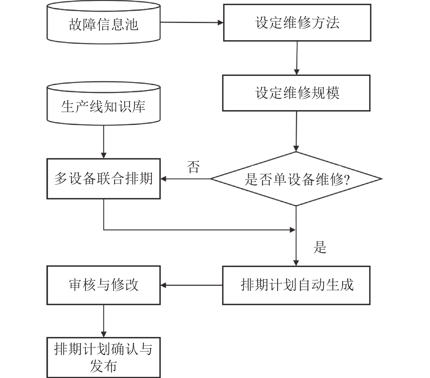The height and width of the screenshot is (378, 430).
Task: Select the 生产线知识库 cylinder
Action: click(103, 103)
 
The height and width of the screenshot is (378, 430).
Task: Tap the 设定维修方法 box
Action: click(297, 23)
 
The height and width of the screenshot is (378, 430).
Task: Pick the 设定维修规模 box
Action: click(296, 93)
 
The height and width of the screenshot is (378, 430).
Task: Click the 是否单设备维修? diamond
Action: click(296, 179)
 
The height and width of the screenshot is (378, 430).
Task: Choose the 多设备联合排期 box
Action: click(103, 179)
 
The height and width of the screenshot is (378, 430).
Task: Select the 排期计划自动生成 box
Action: click(296, 285)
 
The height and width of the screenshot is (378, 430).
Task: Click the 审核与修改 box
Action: click(103, 285)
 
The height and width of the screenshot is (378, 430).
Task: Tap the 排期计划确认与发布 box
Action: click(103, 358)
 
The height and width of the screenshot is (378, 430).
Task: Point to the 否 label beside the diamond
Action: click(193, 167)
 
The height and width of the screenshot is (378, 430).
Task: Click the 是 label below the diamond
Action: click(320, 247)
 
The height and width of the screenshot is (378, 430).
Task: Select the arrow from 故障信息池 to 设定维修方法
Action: click(192, 23)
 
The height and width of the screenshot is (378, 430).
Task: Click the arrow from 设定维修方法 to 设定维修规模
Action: click(297, 58)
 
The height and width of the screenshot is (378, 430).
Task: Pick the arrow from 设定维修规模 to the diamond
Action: click(296, 131)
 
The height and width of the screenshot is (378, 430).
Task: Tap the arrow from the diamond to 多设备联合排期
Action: click(185, 179)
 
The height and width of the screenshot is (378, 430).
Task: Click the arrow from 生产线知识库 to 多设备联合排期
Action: click(103, 142)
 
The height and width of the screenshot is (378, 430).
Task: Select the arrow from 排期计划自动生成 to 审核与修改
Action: click(191, 285)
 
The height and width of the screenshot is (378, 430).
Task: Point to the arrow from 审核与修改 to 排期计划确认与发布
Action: click(103, 321)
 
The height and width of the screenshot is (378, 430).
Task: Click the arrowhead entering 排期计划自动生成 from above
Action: click(296, 263)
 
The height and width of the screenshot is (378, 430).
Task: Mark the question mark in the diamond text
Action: click(347, 180)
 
